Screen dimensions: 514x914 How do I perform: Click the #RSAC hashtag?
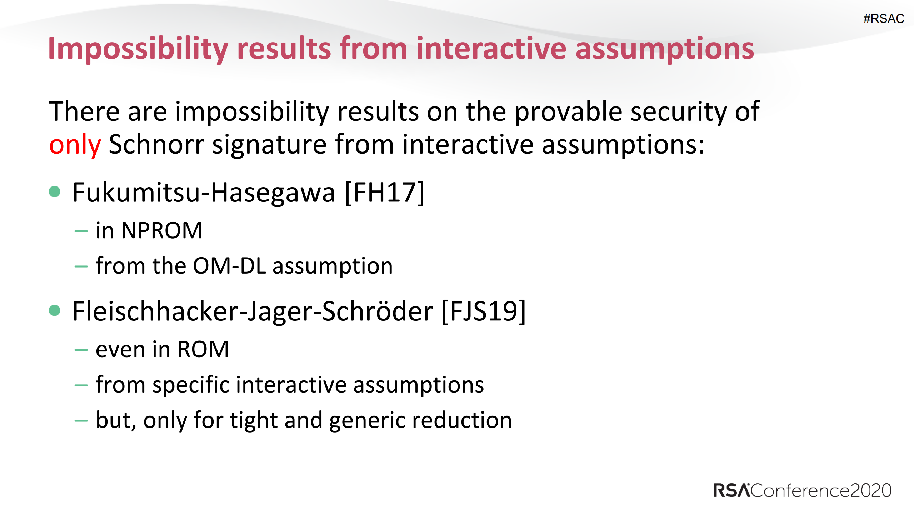click(883, 19)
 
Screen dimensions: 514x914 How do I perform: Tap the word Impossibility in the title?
click(138, 49)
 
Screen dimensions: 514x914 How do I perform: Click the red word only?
click(75, 145)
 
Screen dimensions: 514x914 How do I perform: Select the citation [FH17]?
click(385, 193)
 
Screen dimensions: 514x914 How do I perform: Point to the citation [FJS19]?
click(484, 311)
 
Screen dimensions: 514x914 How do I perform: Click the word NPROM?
click(161, 230)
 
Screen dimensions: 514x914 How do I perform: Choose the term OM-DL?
click(229, 266)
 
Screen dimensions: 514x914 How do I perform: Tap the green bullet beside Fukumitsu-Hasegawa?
click(55, 192)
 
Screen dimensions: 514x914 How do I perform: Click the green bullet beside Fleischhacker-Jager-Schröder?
click(55, 310)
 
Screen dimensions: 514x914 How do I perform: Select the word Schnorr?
click(156, 145)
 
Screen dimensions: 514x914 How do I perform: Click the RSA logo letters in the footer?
click(731, 491)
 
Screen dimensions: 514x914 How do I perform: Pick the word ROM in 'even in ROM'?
click(203, 349)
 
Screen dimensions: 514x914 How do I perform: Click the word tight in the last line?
click(254, 420)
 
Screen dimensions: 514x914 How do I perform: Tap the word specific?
click(191, 385)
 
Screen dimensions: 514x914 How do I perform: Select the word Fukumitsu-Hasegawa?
click(204, 193)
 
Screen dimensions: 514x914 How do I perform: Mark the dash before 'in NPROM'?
click(81, 231)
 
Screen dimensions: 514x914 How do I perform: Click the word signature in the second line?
click(269, 145)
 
